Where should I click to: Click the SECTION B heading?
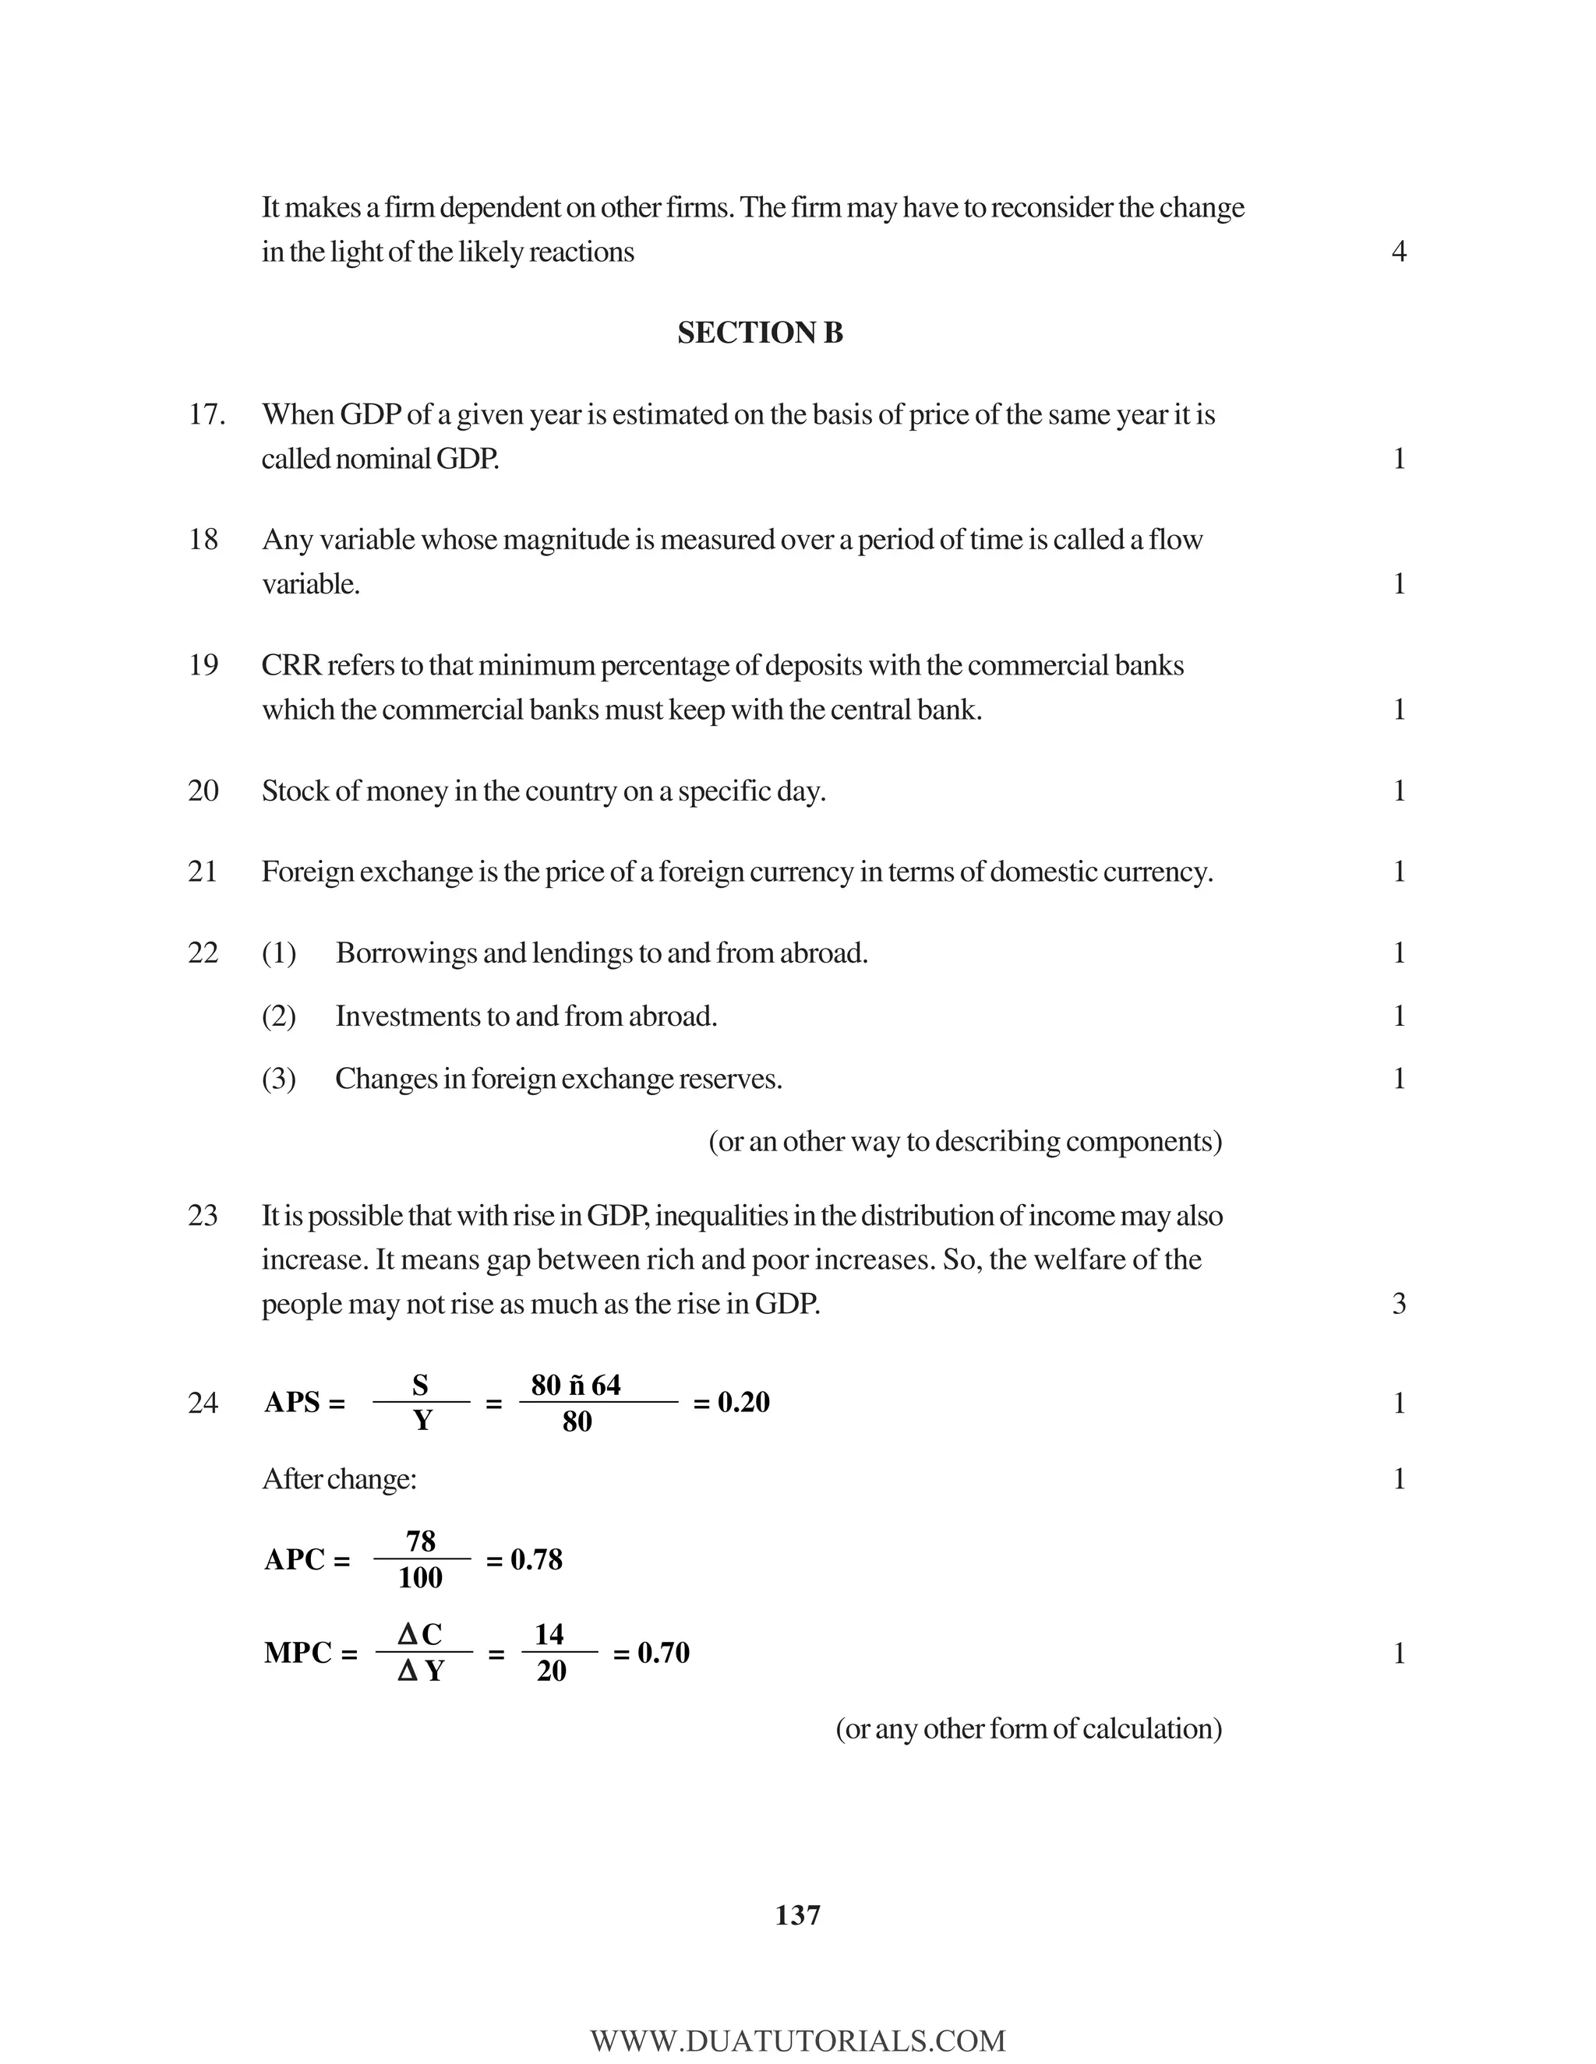point(759,333)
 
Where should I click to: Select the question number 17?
point(206,415)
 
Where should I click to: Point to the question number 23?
point(203,1215)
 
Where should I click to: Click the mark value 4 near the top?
point(1398,252)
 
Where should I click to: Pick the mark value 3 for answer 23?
point(1398,1304)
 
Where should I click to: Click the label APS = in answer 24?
point(305,1403)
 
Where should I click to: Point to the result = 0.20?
point(731,1403)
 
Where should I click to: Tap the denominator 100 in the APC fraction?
point(420,1577)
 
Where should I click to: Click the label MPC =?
point(310,1653)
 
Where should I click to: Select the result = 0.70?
point(651,1653)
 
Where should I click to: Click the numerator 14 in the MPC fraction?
point(549,1634)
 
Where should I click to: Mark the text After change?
point(338,1479)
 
